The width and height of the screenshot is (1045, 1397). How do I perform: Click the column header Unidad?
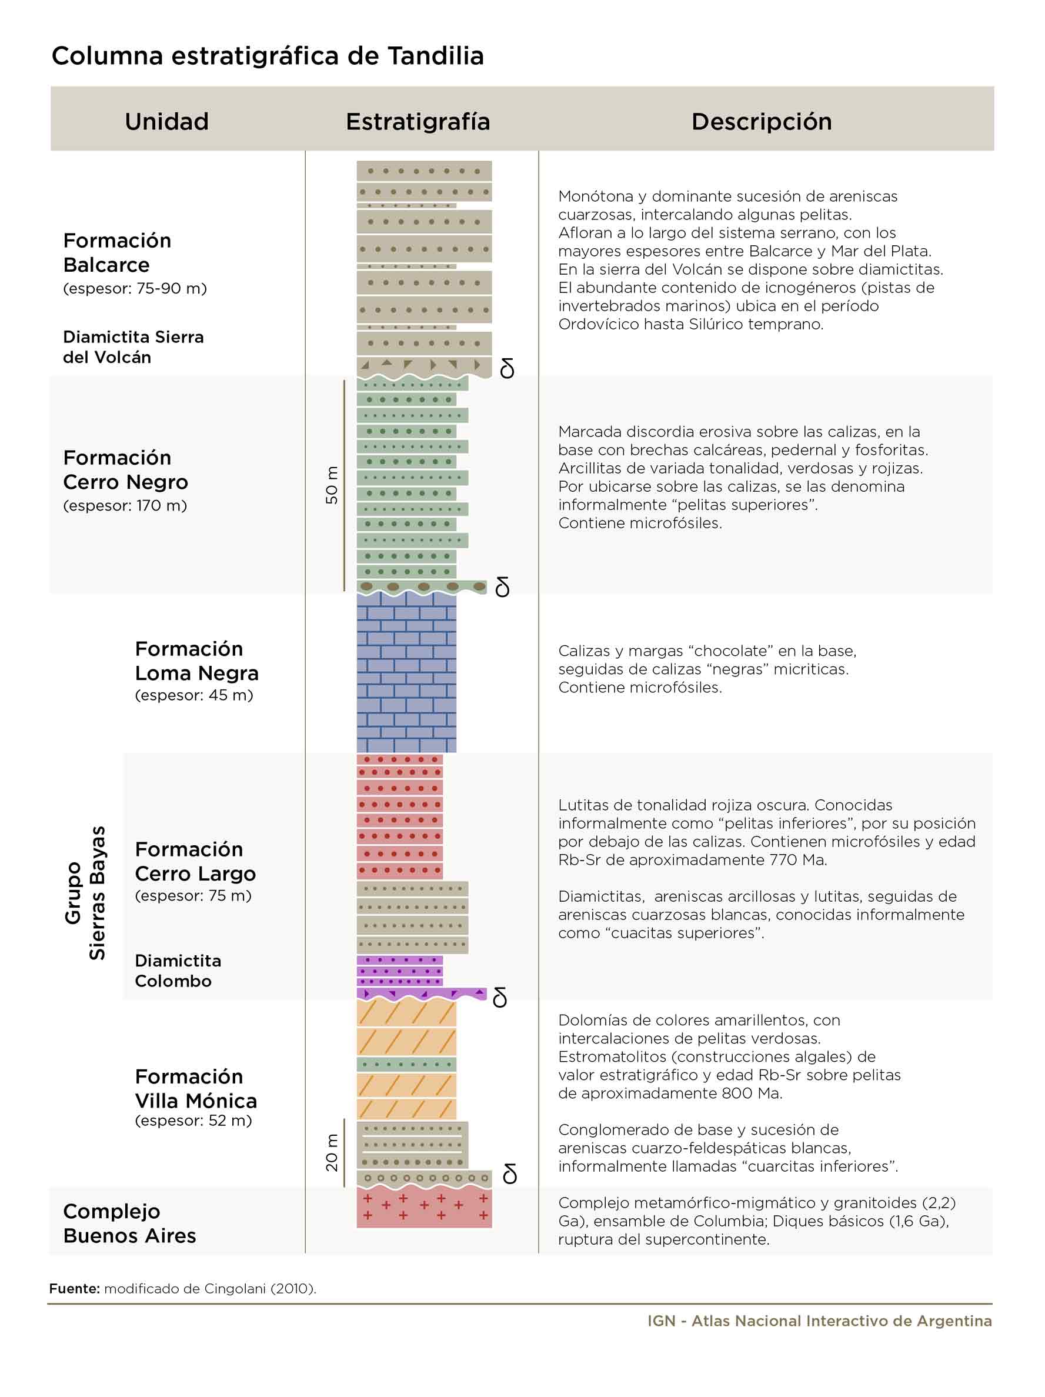[166, 121]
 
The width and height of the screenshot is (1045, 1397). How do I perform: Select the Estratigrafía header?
[418, 121]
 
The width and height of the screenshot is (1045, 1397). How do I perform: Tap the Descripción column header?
[762, 121]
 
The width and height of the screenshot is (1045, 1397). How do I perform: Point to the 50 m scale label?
[332, 485]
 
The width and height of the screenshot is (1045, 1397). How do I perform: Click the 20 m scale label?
[332, 1152]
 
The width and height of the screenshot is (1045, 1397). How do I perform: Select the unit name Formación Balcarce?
[117, 252]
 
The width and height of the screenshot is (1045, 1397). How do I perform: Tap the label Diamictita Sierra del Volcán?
[133, 346]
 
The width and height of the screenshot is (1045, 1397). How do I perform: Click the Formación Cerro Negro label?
[126, 469]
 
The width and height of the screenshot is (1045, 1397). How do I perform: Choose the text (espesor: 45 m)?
[194, 695]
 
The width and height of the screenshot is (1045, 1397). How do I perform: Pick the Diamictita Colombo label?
[178, 971]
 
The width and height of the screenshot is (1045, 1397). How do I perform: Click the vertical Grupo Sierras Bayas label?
[85, 893]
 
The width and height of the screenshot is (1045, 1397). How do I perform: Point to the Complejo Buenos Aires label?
[129, 1223]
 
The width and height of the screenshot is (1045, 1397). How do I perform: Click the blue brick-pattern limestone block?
[406, 672]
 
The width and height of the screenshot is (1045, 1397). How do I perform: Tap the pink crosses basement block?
[425, 1207]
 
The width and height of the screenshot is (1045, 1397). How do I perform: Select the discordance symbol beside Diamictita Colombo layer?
[499, 996]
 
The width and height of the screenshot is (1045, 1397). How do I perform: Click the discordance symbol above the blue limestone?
[503, 586]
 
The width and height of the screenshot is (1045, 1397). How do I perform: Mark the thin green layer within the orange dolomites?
[406, 1064]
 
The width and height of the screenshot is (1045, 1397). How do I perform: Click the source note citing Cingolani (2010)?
[182, 1288]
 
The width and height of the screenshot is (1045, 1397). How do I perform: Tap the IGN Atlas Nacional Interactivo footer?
[820, 1321]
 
